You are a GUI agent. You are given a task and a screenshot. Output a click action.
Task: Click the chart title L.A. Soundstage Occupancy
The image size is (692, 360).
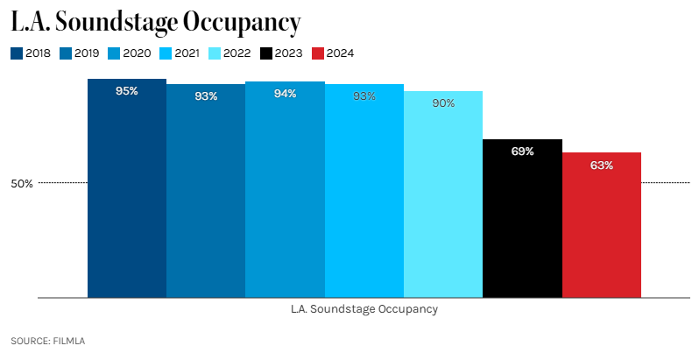155,21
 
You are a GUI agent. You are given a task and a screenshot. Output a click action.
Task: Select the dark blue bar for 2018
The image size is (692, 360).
127,193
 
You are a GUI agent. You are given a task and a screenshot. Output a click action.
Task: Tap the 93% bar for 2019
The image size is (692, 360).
206,193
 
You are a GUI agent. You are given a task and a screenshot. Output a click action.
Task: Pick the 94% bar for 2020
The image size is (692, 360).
285,193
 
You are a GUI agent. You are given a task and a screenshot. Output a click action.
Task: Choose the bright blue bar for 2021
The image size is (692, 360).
364,193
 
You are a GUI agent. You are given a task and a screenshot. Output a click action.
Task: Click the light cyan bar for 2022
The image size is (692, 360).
442,197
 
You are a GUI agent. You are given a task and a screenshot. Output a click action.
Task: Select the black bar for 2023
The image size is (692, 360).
522,219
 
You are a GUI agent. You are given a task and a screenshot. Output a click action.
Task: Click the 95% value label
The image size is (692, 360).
127,91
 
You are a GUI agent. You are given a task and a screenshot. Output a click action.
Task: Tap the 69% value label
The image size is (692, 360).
522,152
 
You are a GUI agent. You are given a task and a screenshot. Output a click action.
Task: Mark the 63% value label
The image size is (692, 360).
601,165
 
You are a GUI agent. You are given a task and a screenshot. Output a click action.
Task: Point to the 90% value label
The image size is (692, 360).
442,103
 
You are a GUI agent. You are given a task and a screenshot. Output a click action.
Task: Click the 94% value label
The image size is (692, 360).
285,94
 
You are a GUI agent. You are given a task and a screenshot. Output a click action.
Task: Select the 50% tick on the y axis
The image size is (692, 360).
21,183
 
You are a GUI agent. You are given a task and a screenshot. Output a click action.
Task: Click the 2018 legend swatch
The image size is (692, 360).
17,53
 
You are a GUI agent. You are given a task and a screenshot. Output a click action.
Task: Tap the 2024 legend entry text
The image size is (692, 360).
340,53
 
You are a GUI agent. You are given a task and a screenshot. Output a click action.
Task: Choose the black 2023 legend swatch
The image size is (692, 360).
267,53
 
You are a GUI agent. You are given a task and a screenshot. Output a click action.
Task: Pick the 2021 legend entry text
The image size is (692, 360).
187,53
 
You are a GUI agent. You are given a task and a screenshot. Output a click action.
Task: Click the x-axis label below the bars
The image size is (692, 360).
364,309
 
